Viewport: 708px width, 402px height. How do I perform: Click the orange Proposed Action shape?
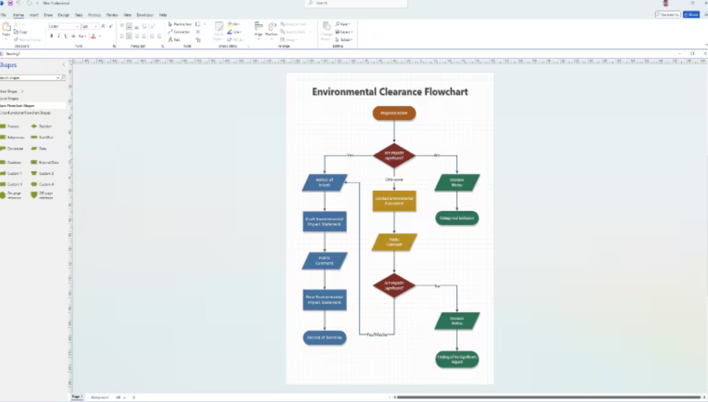(x=394, y=113)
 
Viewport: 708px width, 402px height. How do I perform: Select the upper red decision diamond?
(x=394, y=155)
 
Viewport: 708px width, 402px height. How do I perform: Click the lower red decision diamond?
(x=394, y=286)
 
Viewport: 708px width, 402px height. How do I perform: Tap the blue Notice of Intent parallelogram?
(x=324, y=183)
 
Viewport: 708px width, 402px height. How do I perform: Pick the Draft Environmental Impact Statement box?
(x=324, y=221)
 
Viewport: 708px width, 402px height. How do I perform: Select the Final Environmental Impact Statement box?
(x=324, y=300)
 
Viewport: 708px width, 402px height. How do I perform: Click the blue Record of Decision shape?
(x=324, y=338)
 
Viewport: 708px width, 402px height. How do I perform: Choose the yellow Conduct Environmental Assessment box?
(x=394, y=201)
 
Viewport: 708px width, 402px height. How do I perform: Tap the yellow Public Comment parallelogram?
(x=394, y=242)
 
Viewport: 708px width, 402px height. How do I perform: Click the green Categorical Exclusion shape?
(x=457, y=218)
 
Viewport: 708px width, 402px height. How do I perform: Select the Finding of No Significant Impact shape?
(x=457, y=359)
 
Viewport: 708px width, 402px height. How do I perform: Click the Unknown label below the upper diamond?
(x=394, y=180)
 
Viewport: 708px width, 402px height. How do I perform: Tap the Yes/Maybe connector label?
(x=377, y=334)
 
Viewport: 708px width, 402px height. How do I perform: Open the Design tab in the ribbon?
(x=64, y=15)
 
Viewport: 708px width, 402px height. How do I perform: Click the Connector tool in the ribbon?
(x=179, y=32)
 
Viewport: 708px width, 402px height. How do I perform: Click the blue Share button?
(x=691, y=14)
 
